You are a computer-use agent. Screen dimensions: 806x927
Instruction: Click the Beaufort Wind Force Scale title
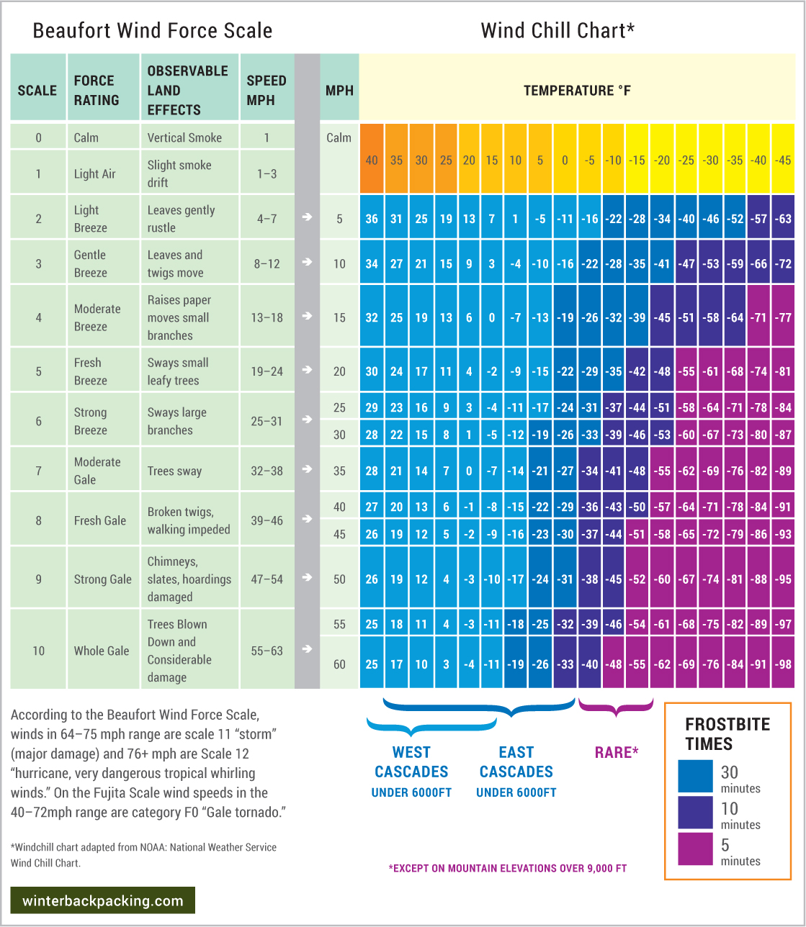click(152, 31)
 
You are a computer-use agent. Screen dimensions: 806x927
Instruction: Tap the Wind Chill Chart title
click(558, 31)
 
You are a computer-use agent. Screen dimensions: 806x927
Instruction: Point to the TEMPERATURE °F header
click(577, 91)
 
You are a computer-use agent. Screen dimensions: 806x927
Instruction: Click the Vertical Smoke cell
click(189, 137)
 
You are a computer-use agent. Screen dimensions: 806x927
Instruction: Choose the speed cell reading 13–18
click(267, 317)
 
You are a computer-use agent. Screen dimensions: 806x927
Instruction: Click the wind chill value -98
click(783, 664)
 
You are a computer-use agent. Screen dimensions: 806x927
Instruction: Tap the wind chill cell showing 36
click(372, 219)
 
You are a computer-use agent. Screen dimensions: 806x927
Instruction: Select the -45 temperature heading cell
click(783, 160)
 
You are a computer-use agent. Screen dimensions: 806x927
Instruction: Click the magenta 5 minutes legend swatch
click(695, 849)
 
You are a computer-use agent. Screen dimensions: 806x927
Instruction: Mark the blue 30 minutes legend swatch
click(695, 776)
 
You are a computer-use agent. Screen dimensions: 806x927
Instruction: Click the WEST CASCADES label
click(411, 761)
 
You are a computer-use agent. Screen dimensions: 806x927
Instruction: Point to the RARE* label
click(617, 753)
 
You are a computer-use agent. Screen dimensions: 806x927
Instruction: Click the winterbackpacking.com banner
click(103, 900)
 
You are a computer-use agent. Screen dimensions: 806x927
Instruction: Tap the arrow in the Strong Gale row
click(308, 577)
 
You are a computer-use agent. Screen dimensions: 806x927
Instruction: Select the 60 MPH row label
click(339, 664)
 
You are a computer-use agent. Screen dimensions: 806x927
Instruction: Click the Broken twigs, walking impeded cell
click(189, 520)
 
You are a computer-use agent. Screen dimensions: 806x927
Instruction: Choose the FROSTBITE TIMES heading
click(727, 734)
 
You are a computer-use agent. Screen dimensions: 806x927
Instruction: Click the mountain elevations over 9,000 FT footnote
click(508, 868)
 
